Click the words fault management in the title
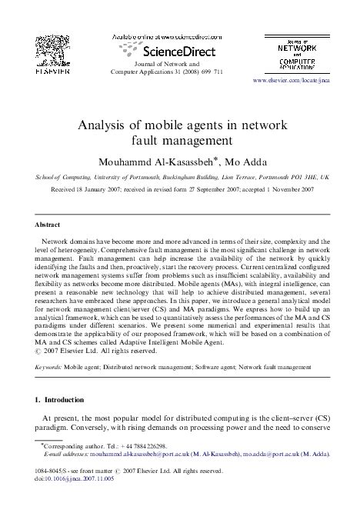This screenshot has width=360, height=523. coord(180,141)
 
